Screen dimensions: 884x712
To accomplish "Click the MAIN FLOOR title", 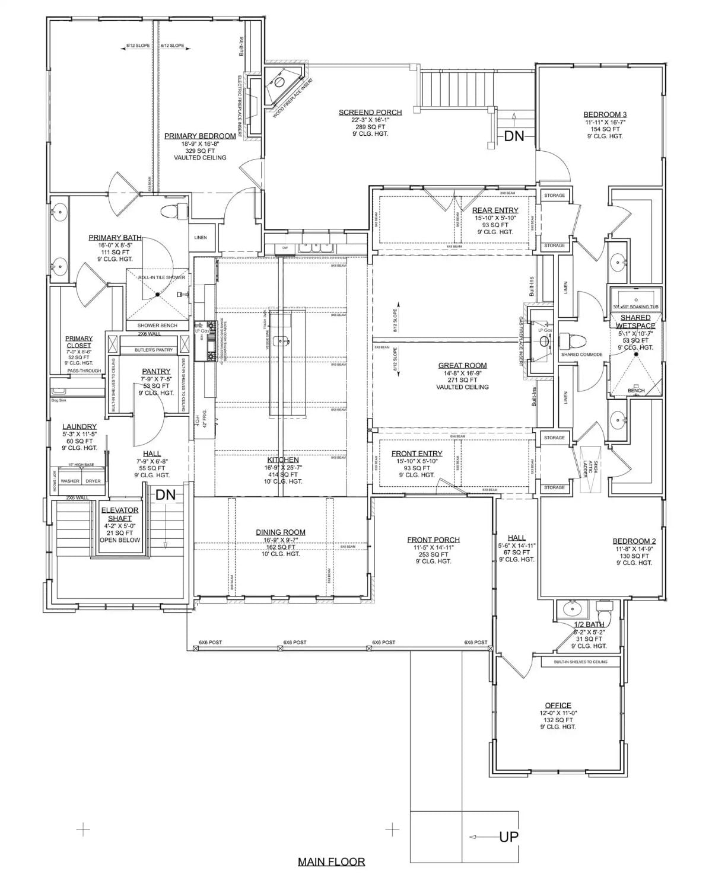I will coord(331,861).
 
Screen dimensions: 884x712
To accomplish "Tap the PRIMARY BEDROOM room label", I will coord(200,136).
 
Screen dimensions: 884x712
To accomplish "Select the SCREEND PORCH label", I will coord(370,112).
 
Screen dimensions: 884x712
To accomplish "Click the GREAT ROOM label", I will coord(462,366).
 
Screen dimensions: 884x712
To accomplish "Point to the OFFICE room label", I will coord(558,706).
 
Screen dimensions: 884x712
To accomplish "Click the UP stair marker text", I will coord(508,837).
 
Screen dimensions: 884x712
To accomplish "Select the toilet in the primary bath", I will coord(173,211).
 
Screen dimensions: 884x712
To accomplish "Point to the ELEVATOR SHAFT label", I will coord(120,514).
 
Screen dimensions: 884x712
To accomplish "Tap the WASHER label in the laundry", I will coord(70,481).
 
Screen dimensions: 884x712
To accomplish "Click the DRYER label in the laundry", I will coord(93,481).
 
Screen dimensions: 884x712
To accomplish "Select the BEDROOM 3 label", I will coord(605,114).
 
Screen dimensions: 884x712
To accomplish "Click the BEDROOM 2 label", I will coord(634,541).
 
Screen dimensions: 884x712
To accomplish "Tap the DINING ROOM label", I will coord(281,532).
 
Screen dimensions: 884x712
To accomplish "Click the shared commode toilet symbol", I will coord(573,341).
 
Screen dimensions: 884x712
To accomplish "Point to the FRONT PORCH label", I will coord(433,540).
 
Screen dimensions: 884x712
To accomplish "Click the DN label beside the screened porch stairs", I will coord(514,136).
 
